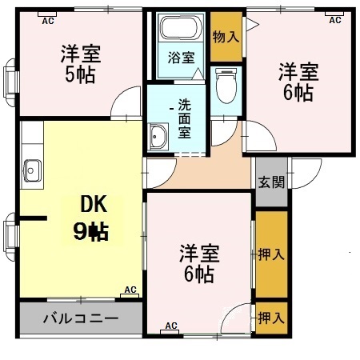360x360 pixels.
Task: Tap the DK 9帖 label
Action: coord(91,218)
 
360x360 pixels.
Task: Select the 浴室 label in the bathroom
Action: coord(181,58)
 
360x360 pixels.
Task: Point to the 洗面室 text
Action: coord(183,118)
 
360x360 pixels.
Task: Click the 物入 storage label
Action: coord(226,36)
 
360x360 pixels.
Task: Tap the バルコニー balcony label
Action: coord(81,318)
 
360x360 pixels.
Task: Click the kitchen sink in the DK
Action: coord(32,170)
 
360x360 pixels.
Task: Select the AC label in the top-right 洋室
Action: coord(334,19)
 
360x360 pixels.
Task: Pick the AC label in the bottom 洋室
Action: coord(170,326)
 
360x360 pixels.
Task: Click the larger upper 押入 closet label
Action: coord(271,254)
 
